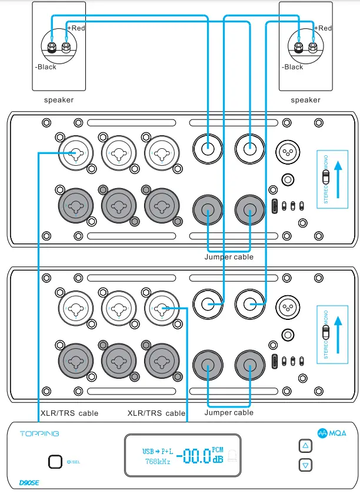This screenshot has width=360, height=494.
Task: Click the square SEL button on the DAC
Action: tap(55, 461)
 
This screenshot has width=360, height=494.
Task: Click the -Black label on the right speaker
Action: tap(292, 67)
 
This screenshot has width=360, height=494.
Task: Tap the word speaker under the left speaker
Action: tap(59, 100)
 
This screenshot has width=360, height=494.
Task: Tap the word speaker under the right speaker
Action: tap(306, 100)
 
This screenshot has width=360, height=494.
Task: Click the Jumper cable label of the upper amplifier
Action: tap(229, 257)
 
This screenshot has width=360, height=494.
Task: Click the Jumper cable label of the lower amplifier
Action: tap(229, 413)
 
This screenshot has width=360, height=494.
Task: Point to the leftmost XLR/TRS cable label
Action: tap(69, 413)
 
